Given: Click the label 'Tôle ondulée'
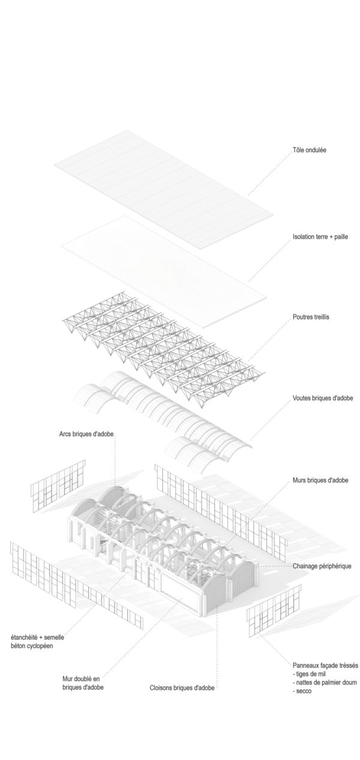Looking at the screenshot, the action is pos(310,150).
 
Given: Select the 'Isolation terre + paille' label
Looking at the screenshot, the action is pos(320,237).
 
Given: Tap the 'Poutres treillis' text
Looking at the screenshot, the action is pos(311,317).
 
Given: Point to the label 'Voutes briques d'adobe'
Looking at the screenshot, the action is pos(323,398).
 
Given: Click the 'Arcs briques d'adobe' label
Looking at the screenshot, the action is pos(86,434).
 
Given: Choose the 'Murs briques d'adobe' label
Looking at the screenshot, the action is pos(320,480).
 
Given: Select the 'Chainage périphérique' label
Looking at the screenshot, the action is pos(322,566).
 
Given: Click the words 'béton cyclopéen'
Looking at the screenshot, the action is pos(32,645).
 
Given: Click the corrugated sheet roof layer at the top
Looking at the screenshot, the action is pos(164,190).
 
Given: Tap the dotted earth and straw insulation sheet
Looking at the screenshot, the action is pos(164,272).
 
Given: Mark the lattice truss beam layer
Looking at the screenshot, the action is pos(164,350).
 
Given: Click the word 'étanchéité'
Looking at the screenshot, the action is pos(24,637).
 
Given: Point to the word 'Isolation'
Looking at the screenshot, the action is pos(304,237).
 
